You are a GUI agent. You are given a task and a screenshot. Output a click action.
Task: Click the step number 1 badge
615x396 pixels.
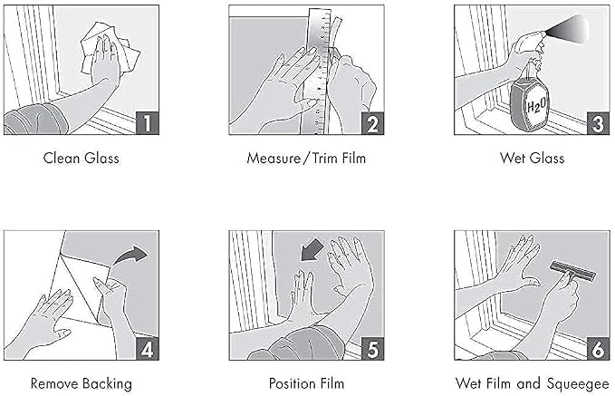148,123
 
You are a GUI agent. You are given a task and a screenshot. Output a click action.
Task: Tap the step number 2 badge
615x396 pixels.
372,123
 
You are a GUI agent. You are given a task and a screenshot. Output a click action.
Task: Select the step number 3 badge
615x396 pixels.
598,123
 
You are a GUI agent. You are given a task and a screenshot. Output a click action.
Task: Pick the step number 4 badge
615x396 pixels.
148,349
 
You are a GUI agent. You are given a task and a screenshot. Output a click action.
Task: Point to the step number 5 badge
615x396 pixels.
372,349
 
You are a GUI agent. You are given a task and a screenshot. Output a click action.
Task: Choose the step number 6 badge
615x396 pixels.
598,349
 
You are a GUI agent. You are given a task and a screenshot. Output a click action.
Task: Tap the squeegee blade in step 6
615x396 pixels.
573,270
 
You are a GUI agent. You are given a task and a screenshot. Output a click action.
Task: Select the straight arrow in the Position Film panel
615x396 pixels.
312,250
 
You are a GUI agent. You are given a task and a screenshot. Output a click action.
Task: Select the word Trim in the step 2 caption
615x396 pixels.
325,159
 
